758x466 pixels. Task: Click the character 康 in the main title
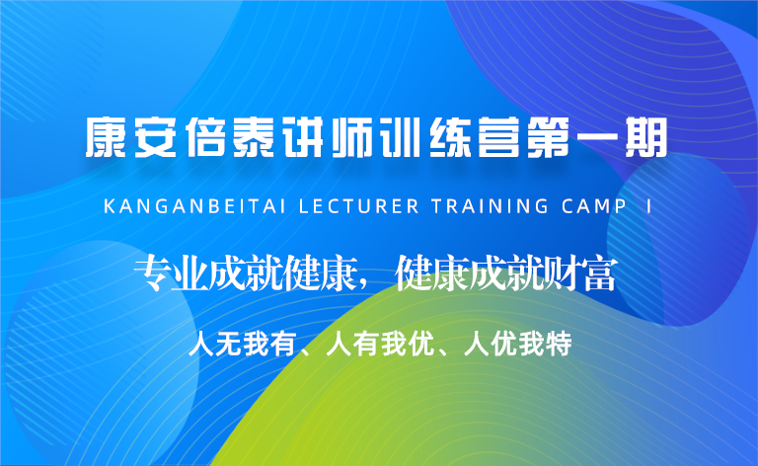coord(106,137)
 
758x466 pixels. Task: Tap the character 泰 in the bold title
coord(254,137)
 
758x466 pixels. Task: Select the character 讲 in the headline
coord(303,137)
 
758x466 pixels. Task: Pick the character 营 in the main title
coord(498,137)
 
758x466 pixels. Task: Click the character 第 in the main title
coord(548,137)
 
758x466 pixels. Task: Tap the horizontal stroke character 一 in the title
coord(597,138)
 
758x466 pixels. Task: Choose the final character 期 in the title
coord(646,137)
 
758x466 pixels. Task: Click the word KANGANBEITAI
coord(194,206)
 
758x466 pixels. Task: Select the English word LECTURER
coord(359,206)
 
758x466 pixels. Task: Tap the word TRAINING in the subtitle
coord(491,206)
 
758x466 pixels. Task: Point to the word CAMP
coord(594,206)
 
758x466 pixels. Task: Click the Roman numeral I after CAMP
coord(648,206)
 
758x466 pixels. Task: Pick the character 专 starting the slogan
coord(153,273)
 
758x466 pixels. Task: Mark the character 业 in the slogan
coord(190,273)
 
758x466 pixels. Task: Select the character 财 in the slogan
coord(562,273)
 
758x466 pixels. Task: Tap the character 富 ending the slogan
coord(599,273)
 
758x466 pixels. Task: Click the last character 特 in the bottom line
coord(558,344)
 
